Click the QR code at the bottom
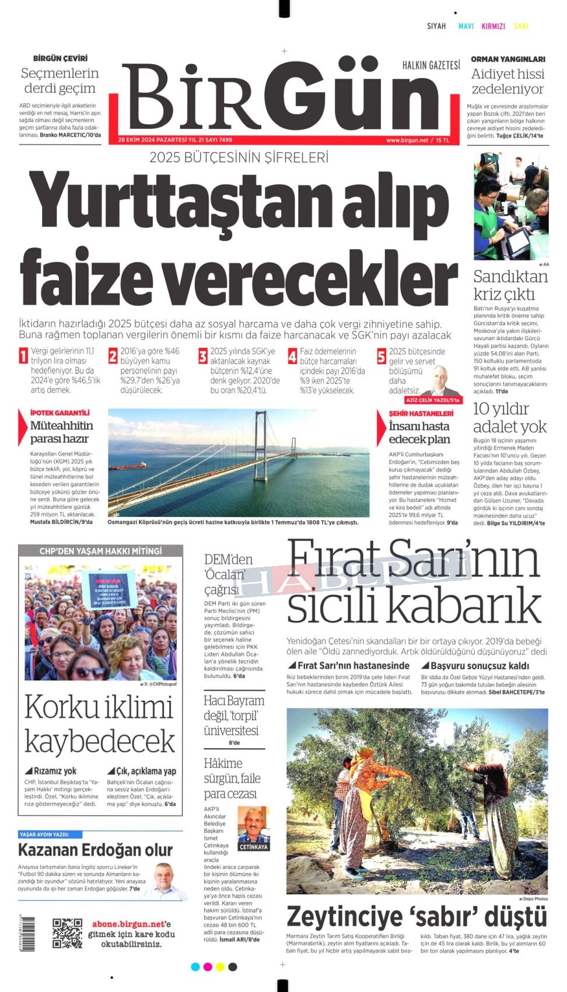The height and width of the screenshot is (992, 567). point(67,933)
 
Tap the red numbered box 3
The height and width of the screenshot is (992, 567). point(202,356)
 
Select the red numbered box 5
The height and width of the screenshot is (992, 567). point(381,356)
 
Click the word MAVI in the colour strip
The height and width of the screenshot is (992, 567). point(466,26)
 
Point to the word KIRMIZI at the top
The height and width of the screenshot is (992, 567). point(493,26)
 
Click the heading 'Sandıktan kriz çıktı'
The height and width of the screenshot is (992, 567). point(510,285)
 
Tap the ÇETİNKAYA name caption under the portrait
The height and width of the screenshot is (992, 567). point(254,847)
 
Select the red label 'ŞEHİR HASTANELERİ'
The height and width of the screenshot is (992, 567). point(421,413)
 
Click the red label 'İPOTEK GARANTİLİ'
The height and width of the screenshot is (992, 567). point(60,413)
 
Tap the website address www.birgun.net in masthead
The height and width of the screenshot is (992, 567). point(407,140)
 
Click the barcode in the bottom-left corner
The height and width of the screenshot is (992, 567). point(27,934)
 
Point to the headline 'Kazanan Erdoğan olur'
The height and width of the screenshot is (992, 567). point(95,850)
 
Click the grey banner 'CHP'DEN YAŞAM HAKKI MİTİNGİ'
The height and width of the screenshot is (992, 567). point(100,551)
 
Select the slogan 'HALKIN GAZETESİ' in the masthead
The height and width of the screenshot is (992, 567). point(431,65)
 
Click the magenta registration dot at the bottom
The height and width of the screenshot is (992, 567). point(208,967)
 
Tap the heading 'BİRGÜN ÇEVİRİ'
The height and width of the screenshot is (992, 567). point(60,58)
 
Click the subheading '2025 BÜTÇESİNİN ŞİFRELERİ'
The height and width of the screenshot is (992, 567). point(239,158)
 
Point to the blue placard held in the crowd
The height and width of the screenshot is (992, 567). point(108,589)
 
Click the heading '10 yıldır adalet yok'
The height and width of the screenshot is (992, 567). point(509,417)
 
